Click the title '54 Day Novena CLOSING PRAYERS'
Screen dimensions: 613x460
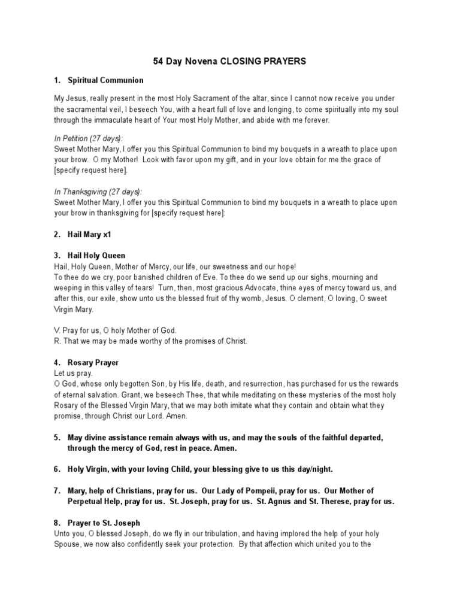[x=230, y=61]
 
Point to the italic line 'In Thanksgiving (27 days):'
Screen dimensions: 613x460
[x=98, y=192]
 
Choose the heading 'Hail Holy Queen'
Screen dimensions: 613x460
[x=96, y=256]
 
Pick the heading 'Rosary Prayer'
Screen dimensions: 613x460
[x=93, y=363]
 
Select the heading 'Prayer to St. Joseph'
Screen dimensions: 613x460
[x=104, y=523]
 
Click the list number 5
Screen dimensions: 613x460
[x=57, y=438]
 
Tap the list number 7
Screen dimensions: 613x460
[x=57, y=491]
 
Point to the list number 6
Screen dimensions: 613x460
[x=57, y=469]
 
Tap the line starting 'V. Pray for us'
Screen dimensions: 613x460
[x=116, y=330]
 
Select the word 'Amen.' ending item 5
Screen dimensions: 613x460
[x=226, y=448]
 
